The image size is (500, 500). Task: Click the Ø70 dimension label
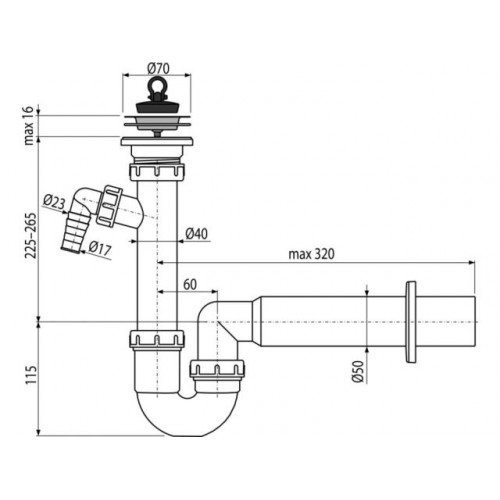158,69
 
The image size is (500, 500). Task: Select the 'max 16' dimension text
29,125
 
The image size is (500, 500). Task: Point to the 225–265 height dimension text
30,235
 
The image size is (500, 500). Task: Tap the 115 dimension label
31,375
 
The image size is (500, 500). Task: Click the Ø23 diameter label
54,202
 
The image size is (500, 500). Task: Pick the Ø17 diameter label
100,248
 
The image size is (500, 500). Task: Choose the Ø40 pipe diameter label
196,234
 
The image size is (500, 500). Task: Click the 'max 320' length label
311,254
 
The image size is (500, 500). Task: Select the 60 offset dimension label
190,285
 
